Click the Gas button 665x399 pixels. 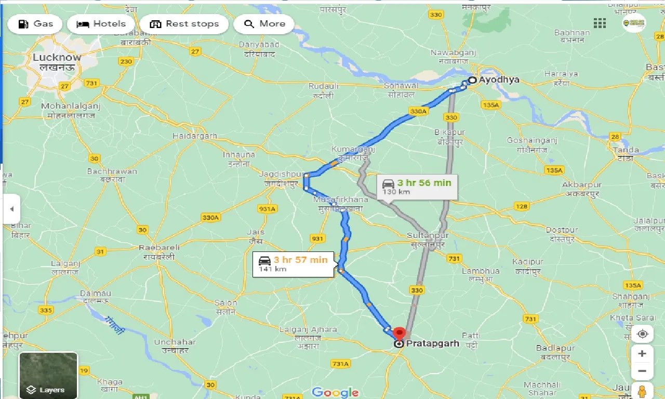[35, 24]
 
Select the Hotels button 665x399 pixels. [101, 24]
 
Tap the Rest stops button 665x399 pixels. [184, 24]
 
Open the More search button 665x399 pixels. [264, 24]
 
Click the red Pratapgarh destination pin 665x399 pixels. [399, 334]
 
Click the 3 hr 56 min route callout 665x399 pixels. [418, 187]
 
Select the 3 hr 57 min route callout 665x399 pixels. [294, 263]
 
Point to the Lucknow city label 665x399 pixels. [57, 57]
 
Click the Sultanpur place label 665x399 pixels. [428, 235]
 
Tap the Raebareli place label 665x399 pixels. [159, 248]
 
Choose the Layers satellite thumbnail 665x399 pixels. [48, 376]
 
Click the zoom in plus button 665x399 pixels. [643, 354]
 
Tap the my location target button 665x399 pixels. [643, 334]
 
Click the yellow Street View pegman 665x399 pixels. [643, 390]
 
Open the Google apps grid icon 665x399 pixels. [600, 23]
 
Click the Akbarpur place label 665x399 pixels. [581, 185]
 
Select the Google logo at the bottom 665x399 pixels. [336, 392]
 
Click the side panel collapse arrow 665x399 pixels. [11, 209]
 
